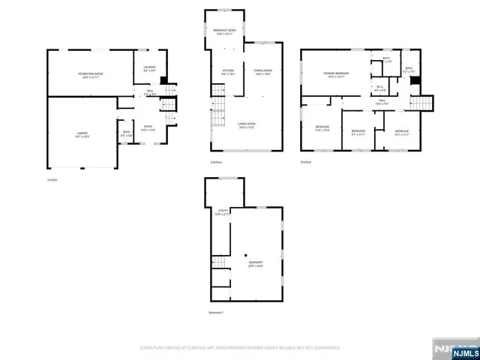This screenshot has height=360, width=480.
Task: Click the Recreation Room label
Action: [91, 74]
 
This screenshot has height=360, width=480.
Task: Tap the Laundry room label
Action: [149, 68]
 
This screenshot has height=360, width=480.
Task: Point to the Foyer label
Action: [148, 128]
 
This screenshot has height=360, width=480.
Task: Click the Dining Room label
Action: [262, 73]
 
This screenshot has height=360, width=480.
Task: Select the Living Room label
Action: [246, 127]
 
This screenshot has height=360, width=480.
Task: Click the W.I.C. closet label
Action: [379, 88]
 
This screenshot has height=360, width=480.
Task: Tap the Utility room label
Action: [222, 212]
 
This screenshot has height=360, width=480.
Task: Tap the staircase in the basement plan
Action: [219, 262]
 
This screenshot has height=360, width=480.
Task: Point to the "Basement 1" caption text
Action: [217, 312]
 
